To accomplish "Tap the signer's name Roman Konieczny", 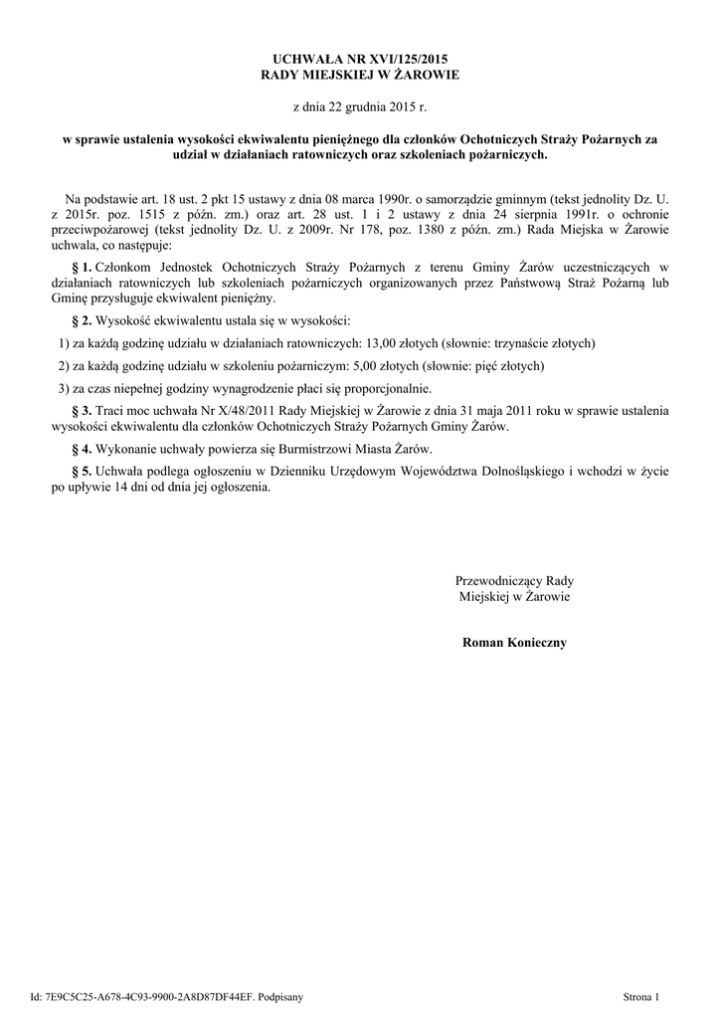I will (514, 643).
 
